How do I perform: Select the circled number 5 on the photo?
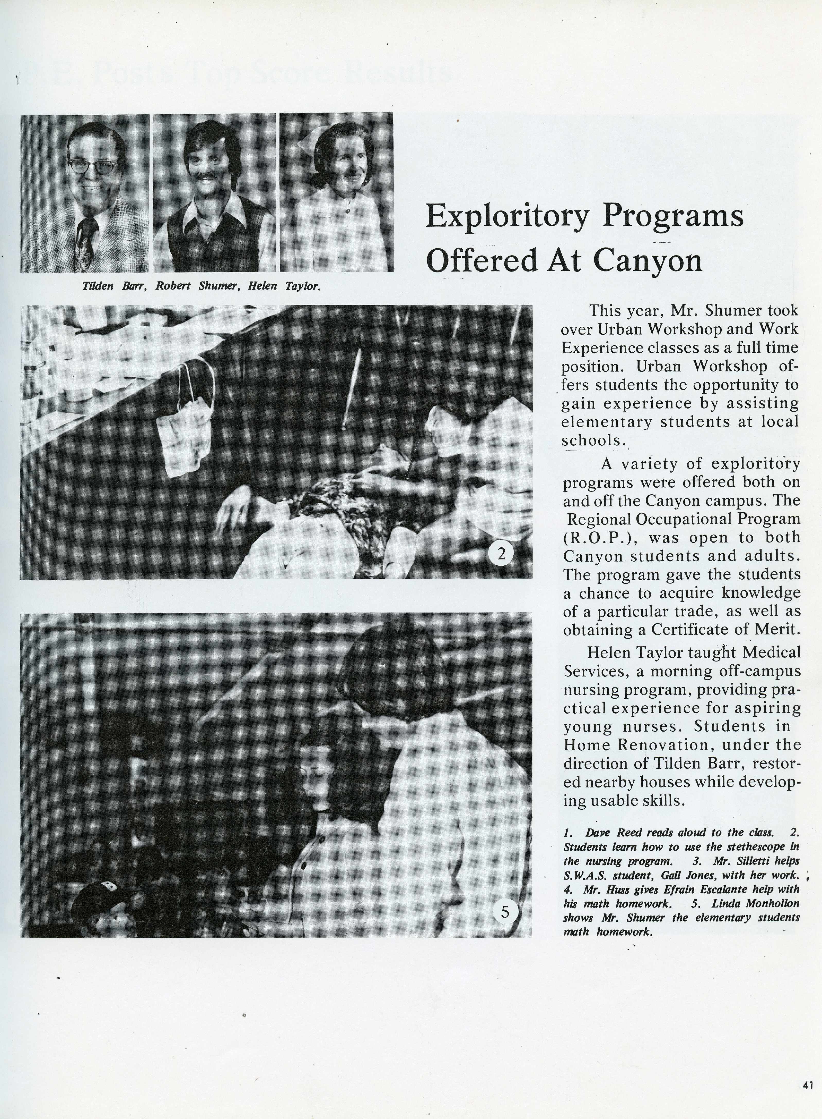[x=505, y=911]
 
